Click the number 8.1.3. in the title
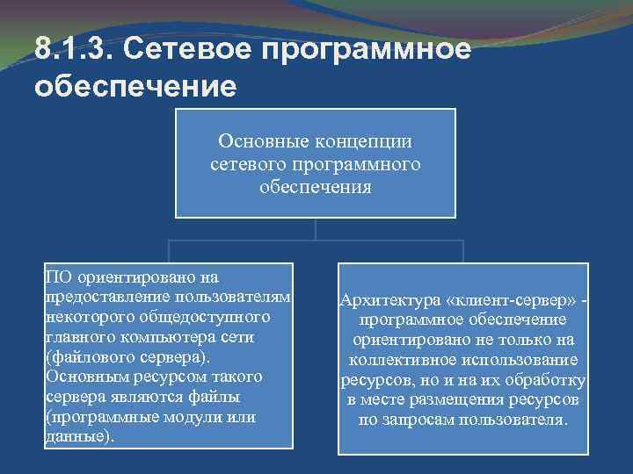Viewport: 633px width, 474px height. tap(75, 49)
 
